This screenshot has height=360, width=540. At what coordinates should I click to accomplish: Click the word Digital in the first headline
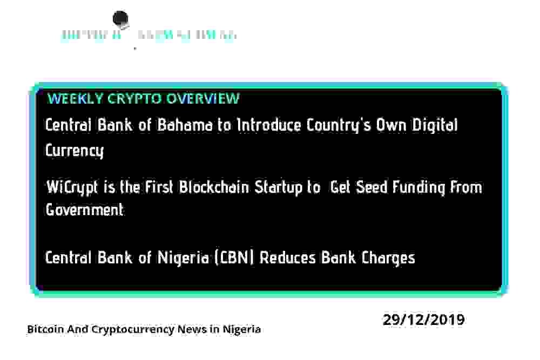435,125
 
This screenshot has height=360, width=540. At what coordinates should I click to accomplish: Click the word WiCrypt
73,187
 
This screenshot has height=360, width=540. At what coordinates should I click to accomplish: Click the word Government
85,209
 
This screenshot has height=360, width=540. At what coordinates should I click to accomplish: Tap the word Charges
388,257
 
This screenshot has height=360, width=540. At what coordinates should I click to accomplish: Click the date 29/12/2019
424,320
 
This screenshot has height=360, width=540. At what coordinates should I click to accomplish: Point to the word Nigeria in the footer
241,329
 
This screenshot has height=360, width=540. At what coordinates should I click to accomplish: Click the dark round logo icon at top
120,20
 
